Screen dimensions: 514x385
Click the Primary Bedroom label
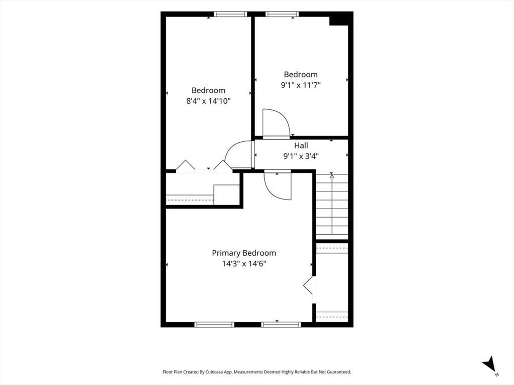tap(244, 253)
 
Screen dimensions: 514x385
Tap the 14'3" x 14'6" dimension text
tap(244, 264)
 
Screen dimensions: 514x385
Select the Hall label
tap(301, 145)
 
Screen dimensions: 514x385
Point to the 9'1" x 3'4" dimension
tap(301, 156)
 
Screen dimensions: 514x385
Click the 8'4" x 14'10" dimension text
tap(208, 101)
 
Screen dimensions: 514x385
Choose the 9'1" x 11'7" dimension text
tap(301, 85)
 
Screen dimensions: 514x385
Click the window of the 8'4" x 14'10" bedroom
tap(230, 14)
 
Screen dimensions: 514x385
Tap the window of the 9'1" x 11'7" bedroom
tap(282, 14)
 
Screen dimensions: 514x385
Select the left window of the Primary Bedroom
tap(214, 324)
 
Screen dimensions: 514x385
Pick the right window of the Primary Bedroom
tap(281, 324)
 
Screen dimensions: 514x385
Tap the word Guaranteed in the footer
tap(340, 372)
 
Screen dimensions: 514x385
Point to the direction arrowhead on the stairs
tap(332, 176)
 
